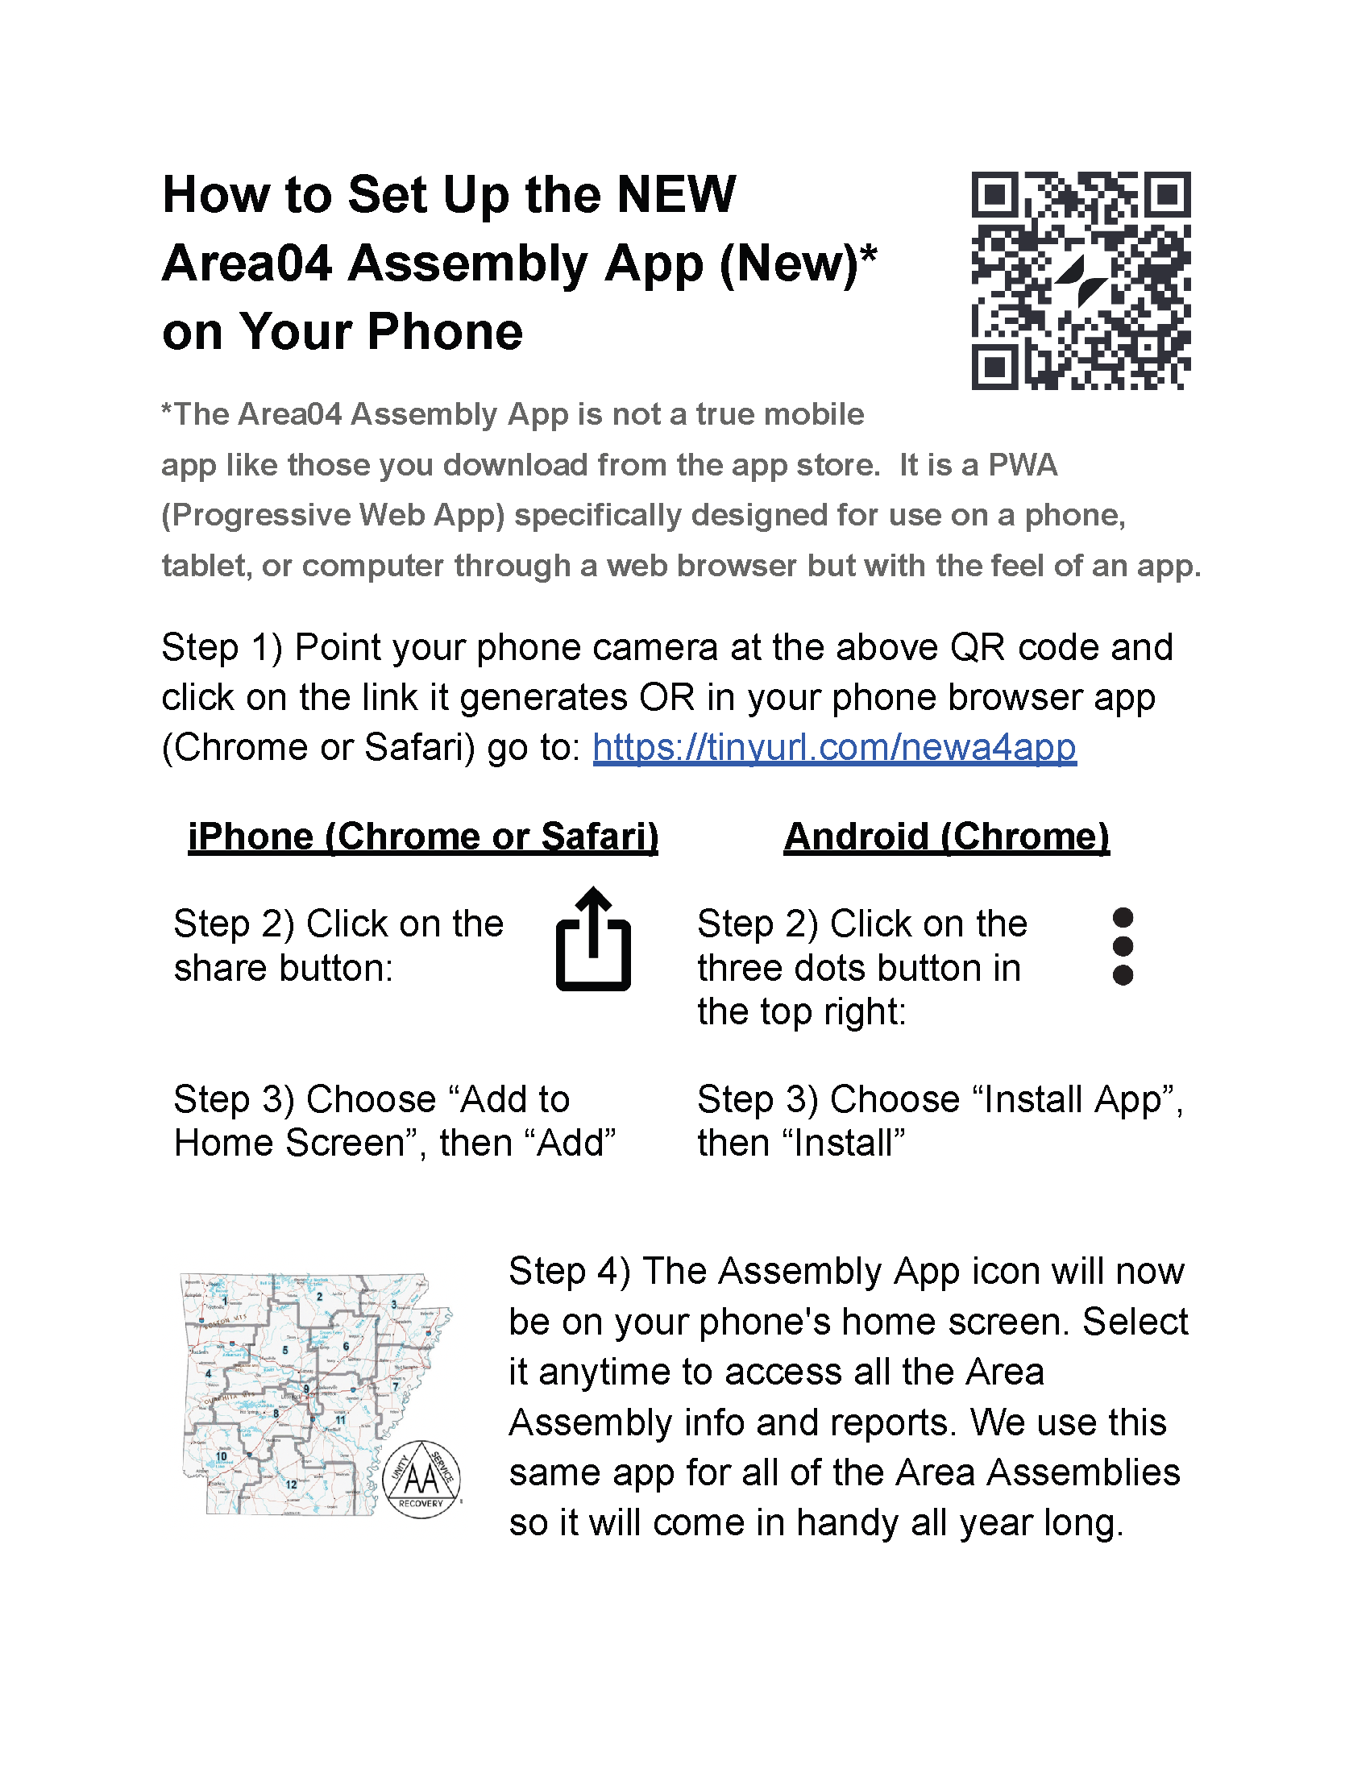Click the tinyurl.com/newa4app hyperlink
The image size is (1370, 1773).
pos(833,747)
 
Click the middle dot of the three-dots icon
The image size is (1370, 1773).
pos(1123,946)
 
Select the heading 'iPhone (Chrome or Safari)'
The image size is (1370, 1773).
pos(423,837)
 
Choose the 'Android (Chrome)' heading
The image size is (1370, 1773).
pos(946,837)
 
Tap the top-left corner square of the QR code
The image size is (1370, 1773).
pos(994,194)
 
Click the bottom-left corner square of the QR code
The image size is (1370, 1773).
pos(994,367)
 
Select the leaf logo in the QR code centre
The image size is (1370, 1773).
pos(1081,280)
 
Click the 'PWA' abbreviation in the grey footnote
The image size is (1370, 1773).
pos(1022,465)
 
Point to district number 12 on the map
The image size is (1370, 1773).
pos(291,1484)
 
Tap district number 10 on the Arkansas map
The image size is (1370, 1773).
pos(222,1455)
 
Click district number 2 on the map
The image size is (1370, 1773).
pos(320,1297)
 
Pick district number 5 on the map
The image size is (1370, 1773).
pos(284,1350)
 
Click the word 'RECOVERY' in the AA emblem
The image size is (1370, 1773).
pos(421,1504)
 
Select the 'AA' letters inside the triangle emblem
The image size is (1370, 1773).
pos(421,1479)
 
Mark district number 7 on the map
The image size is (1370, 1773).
pos(395,1386)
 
